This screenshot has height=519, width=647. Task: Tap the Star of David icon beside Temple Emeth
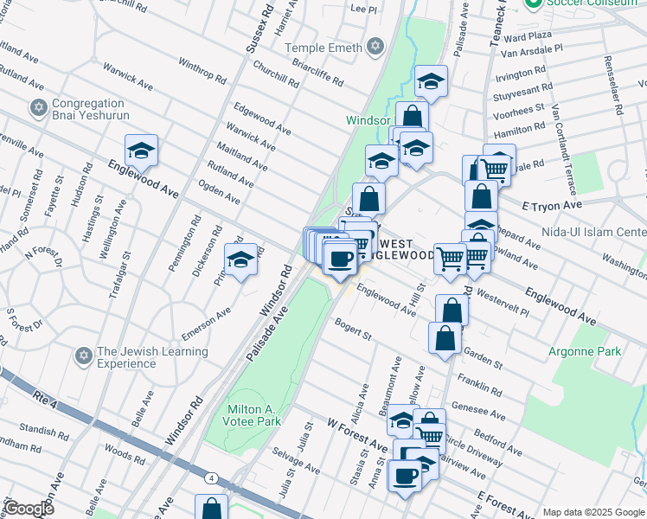click(x=375, y=46)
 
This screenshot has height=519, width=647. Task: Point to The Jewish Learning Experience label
click(x=151, y=357)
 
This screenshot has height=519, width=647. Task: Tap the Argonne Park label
click(x=584, y=352)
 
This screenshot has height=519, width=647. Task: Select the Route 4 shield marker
click(x=211, y=477)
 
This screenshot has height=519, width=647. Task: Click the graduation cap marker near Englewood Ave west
click(x=141, y=152)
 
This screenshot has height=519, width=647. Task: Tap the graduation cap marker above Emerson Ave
click(x=240, y=259)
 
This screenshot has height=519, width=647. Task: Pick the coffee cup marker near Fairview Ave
click(x=405, y=475)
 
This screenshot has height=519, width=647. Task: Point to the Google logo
click(x=29, y=509)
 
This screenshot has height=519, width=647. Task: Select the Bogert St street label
click(x=353, y=330)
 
